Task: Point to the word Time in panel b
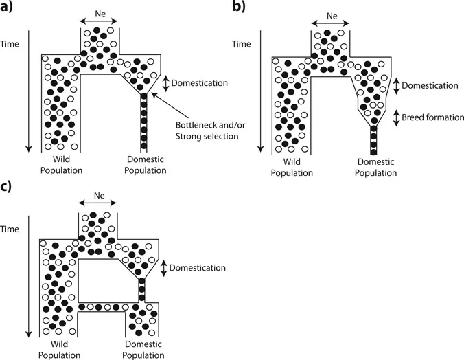click(241, 43)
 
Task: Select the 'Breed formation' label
click(433, 117)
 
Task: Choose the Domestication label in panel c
click(200, 267)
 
